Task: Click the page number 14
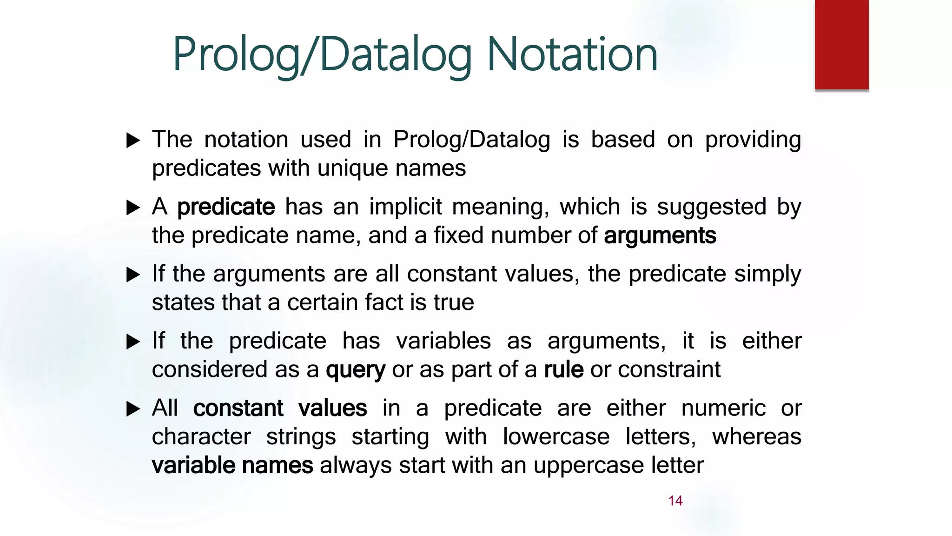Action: [675, 501]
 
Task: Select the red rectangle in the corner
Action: [841, 44]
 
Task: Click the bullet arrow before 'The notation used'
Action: [133, 140]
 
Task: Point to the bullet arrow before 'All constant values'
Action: [133, 409]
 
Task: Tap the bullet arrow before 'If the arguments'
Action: [133, 275]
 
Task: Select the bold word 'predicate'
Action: [226, 207]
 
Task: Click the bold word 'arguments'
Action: [660, 235]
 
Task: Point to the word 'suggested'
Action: [711, 207]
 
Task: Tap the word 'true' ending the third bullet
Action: [454, 302]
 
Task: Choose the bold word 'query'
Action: [355, 370]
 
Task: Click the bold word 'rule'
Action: [563, 369]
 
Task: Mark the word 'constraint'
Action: [669, 369]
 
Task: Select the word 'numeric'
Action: [723, 409]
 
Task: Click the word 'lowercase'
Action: [556, 437]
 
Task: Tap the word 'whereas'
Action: [756, 437]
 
